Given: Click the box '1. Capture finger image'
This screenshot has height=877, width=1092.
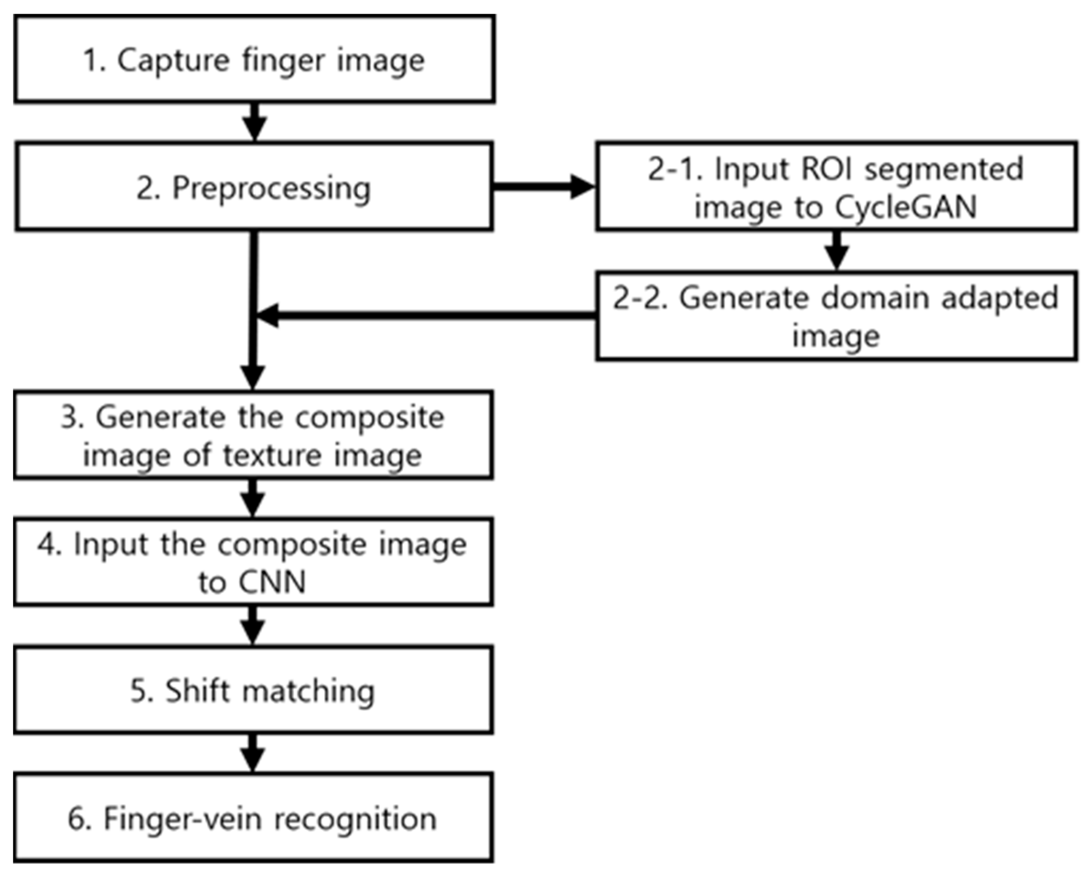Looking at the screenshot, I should click(x=254, y=59).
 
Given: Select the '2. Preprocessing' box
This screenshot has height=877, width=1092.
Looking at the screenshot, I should click(x=254, y=187).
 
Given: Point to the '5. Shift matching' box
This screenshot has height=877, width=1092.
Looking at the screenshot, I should click(x=253, y=690).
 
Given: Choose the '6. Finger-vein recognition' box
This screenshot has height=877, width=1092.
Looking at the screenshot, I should click(x=253, y=818).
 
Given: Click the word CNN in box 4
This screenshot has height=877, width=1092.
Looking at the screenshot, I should click(x=273, y=582).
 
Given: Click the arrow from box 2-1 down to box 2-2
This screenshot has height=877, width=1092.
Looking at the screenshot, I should click(x=837, y=251).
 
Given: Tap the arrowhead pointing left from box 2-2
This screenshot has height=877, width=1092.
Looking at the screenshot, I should click(x=268, y=316).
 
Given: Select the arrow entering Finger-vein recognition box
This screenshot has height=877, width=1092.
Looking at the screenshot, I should click(x=253, y=754).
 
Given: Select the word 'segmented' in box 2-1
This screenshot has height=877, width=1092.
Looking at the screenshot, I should click(x=944, y=169).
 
